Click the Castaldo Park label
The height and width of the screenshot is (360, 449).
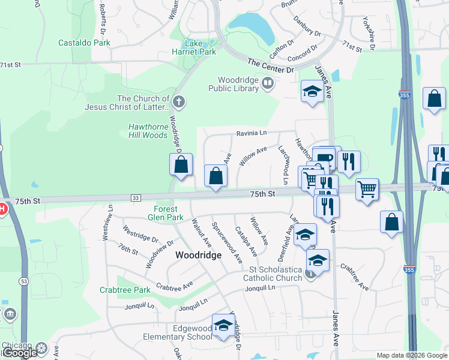[x=84, y=43]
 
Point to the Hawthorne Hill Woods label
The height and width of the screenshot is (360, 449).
[x=148, y=131]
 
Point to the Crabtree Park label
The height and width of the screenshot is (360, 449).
[x=125, y=290]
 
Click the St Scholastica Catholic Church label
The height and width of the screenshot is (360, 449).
[x=273, y=274]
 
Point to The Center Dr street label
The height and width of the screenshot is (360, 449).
[x=271, y=65]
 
